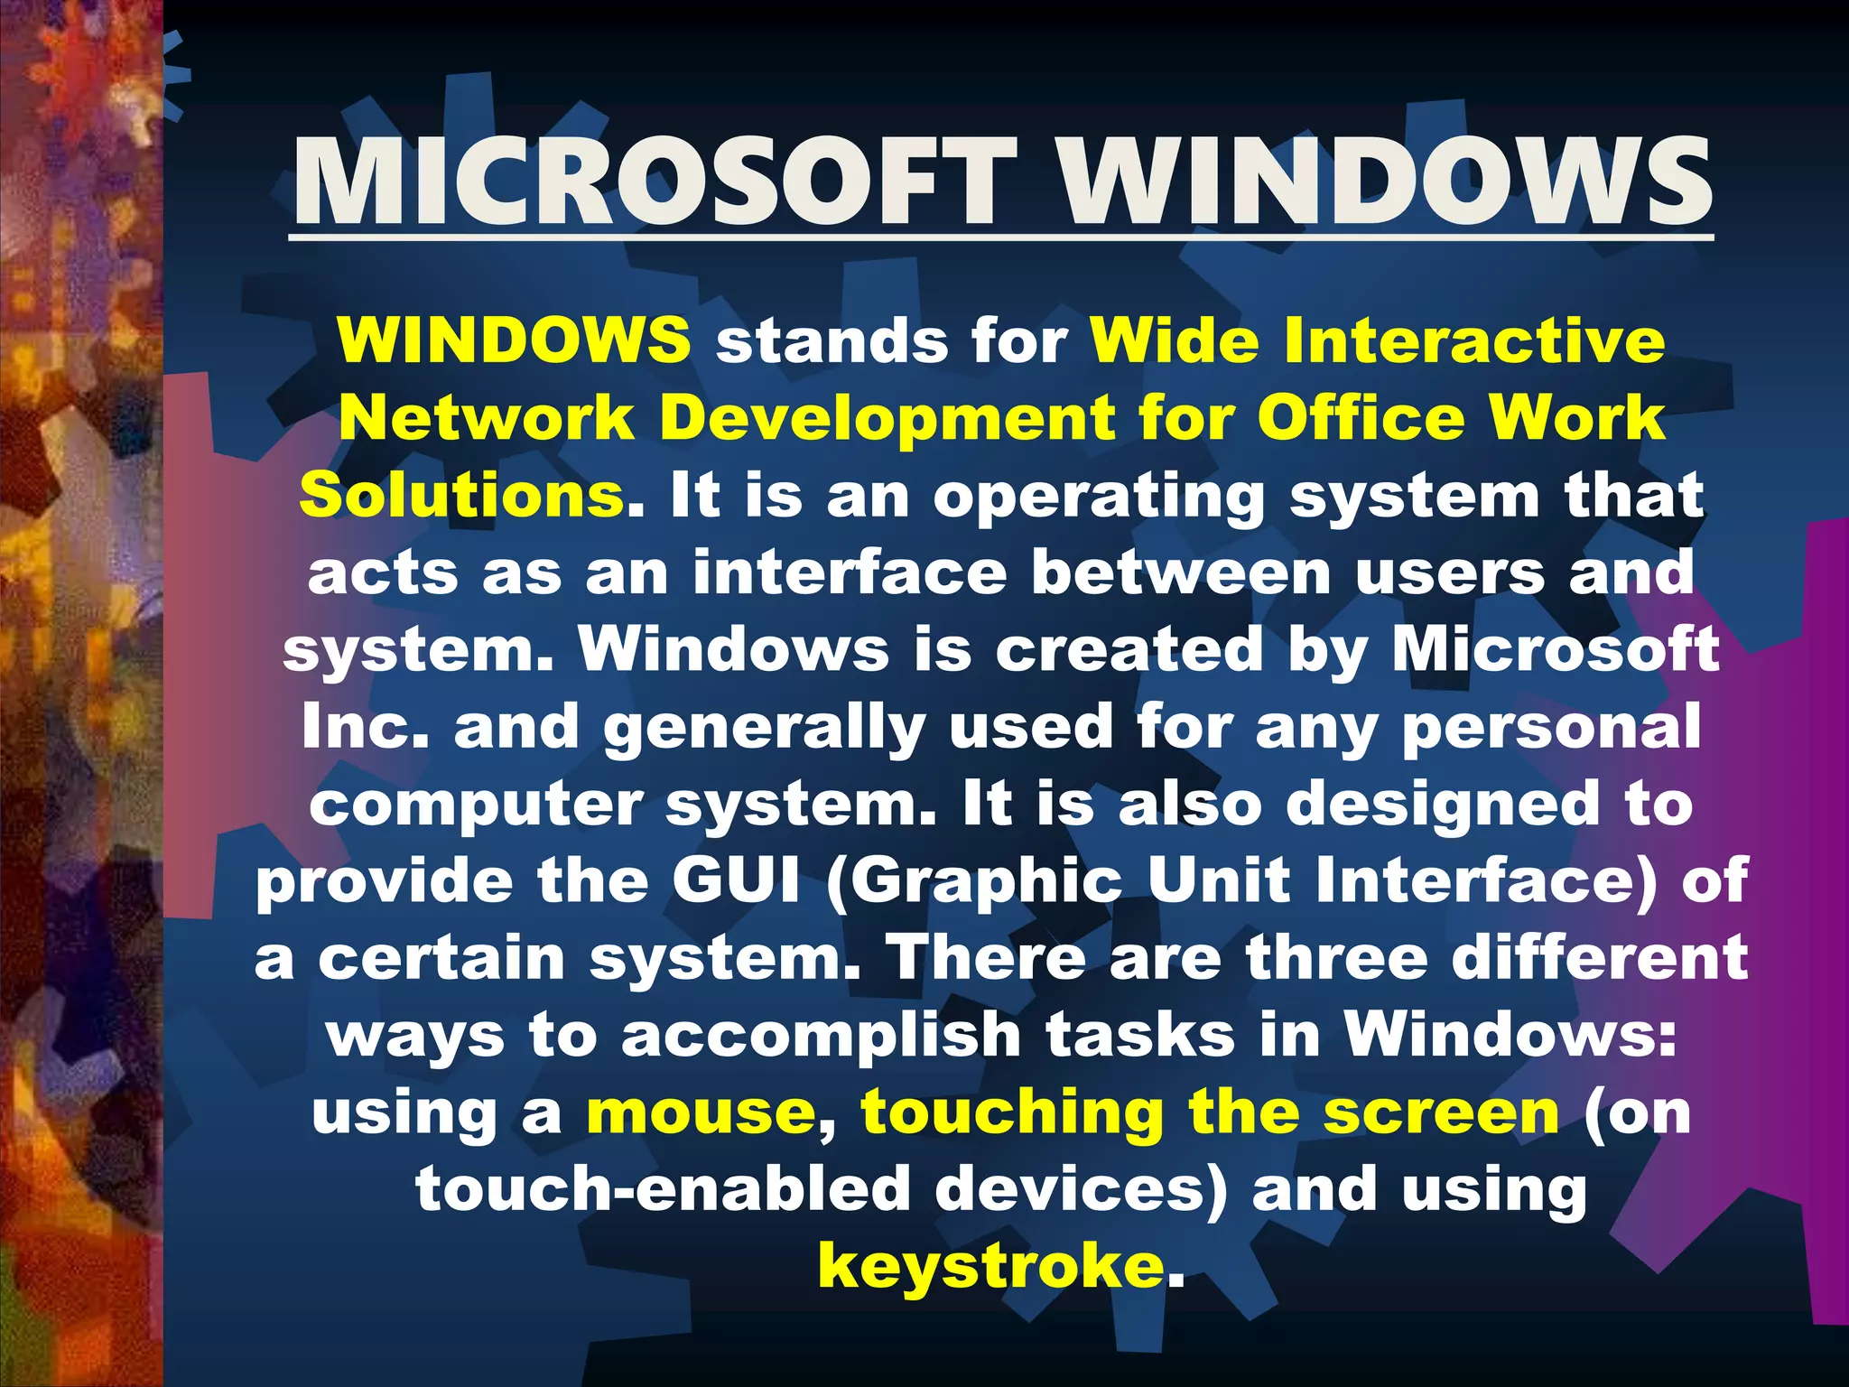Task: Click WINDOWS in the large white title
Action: (x=1385, y=183)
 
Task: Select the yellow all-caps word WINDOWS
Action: (x=514, y=340)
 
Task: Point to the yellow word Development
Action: (x=888, y=418)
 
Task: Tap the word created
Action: (x=1129, y=650)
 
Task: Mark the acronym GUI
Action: (x=737, y=881)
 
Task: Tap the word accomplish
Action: (x=821, y=1036)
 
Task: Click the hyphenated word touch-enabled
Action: (x=663, y=1189)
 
